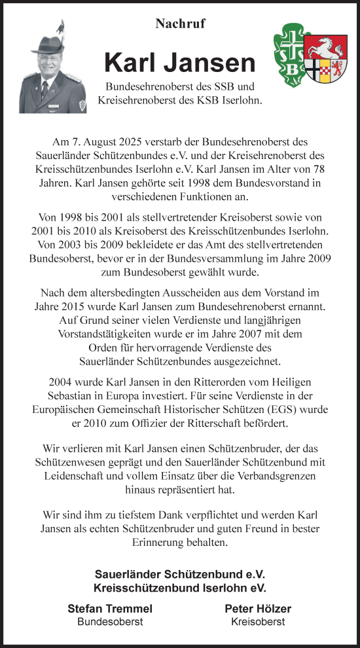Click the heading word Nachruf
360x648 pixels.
click(x=180, y=24)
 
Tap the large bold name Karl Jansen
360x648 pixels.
click(x=179, y=63)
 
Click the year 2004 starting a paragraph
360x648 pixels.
click(x=63, y=382)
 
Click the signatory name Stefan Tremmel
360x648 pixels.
click(x=109, y=609)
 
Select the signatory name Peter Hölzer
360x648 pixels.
click(x=258, y=609)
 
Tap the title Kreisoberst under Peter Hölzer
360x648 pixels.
click(x=258, y=622)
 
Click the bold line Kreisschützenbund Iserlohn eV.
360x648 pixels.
click(x=180, y=587)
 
